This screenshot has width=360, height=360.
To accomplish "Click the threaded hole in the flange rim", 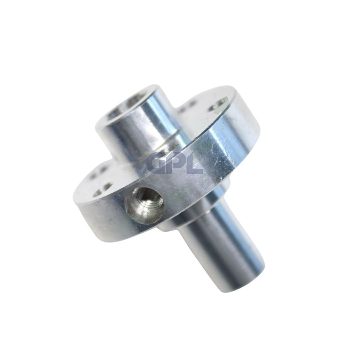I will point(144,205).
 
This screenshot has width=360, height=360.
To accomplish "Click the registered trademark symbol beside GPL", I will point(201,152).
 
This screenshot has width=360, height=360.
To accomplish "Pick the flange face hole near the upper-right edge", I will point(219,104).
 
